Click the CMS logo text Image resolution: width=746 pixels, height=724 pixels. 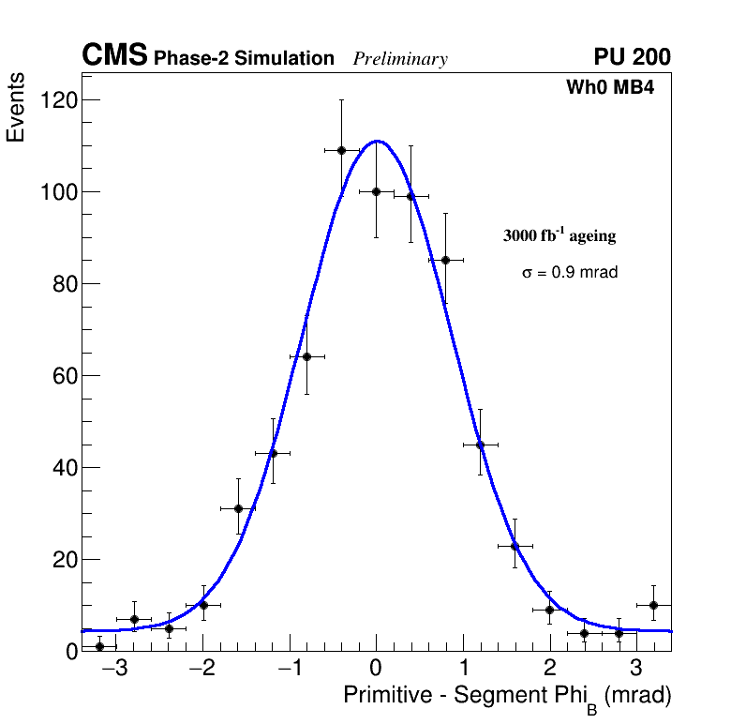[114, 56]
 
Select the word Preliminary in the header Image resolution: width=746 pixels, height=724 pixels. [400, 59]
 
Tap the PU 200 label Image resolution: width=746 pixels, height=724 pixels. [632, 57]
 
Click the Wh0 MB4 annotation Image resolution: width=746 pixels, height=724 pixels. [609, 88]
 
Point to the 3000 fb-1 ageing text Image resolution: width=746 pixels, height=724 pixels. [559, 235]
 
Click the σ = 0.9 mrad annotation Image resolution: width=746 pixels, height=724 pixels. [570, 273]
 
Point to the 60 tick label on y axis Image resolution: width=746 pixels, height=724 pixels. [63, 376]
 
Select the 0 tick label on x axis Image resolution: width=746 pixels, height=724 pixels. [376, 670]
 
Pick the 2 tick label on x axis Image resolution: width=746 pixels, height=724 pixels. [550, 670]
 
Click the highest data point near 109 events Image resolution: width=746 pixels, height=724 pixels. [341, 150]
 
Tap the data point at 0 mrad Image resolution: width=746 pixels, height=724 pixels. [376, 191]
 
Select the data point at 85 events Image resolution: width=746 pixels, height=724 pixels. [445, 260]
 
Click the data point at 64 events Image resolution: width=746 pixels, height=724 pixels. [306, 356]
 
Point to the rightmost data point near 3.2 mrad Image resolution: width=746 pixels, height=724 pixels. [653, 605]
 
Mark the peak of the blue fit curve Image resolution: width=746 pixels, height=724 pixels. [377, 142]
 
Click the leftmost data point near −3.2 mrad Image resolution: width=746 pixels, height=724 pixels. [99, 646]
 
